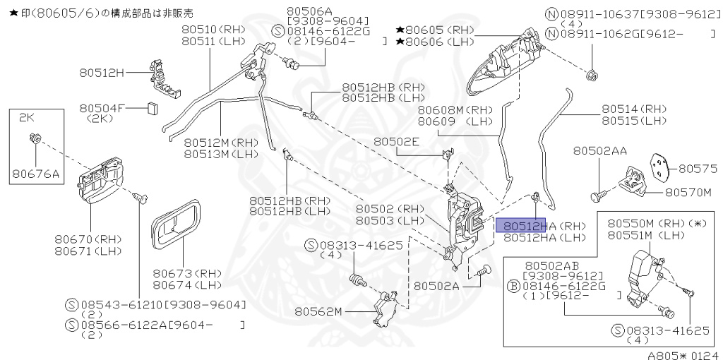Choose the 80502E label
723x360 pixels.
396,142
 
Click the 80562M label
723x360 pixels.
318,311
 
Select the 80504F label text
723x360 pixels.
102,108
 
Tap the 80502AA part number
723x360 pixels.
599,151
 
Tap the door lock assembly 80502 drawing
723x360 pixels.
464,222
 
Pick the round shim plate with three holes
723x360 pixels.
658,166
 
